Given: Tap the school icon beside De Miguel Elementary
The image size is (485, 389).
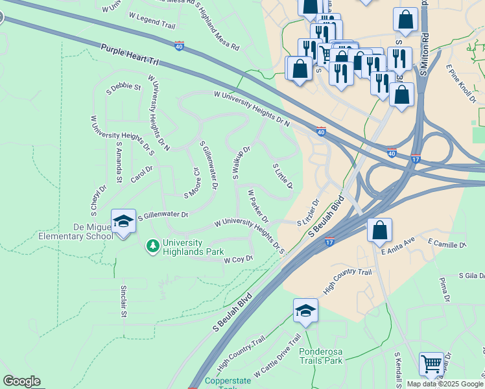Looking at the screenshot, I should coord(123,222).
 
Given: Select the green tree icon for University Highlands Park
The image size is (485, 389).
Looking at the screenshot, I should coord(152,246).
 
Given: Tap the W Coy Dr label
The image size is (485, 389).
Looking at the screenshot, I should coord(237,259).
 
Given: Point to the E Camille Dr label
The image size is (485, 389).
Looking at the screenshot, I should coord(447,244).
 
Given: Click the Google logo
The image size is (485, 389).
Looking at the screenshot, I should coord(21,381).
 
